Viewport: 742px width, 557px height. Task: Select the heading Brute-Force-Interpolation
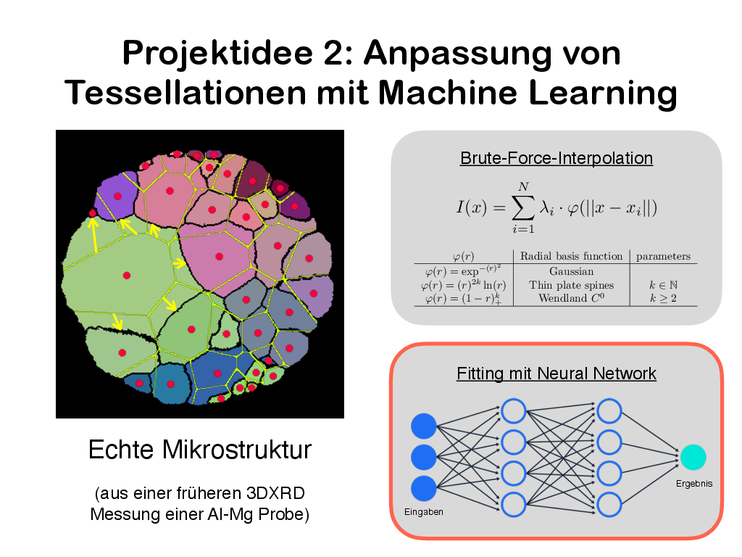click(x=556, y=157)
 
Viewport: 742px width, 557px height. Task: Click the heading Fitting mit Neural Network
click(x=556, y=374)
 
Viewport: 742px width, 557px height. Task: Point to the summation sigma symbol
click(x=523, y=208)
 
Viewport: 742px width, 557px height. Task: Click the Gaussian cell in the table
click(x=571, y=271)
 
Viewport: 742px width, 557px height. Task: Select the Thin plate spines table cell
click(x=571, y=285)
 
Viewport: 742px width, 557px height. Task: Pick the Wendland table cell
click(x=571, y=298)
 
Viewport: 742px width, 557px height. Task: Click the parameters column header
click(x=663, y=256)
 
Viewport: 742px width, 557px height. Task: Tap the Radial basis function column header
click(x=571, y=256)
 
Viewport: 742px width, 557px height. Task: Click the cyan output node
click(x=693, y=458)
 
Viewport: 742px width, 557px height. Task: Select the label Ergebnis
click(x=693, y=484)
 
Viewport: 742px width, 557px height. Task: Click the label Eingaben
click(x=423, y=512)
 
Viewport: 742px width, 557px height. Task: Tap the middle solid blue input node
click(x=423, y=458)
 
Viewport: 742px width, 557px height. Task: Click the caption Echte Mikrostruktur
click(x=200, y=450)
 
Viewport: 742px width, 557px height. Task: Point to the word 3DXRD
click(x=275, y=493)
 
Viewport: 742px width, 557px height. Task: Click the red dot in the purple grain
click(x=118, y=197)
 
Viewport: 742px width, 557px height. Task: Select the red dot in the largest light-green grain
click(x=126, y=275)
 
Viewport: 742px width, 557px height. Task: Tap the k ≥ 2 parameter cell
click(x=663, y=298)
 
